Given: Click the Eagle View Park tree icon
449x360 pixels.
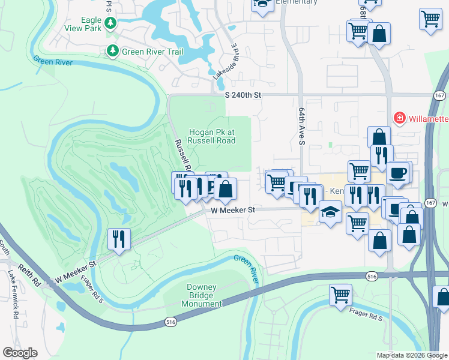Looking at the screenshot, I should click(110, 23).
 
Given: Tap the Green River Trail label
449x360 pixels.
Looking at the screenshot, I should click(152, 52).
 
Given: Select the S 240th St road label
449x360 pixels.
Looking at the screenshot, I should click(244, 95).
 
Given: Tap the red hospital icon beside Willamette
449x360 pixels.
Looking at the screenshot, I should click(399, 118).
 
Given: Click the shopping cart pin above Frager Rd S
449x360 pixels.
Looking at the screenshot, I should click(340, 295).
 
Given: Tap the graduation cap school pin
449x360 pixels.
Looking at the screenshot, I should click(330, 212).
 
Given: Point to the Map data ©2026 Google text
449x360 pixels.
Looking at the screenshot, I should click(411, 355).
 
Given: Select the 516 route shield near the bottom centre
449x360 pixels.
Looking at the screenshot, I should click(170, 323).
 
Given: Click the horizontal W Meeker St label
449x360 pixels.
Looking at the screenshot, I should click(234, 210).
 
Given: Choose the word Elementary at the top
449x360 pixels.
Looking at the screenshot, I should click(296, 2).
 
